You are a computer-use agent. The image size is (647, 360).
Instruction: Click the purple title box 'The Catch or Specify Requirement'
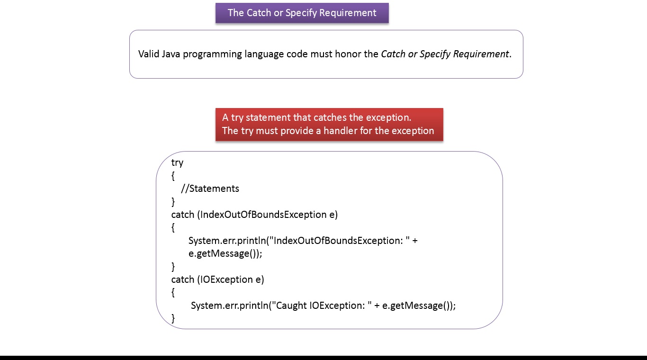tap(302, 13)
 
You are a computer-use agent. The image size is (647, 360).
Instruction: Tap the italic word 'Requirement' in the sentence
tap(481, 54)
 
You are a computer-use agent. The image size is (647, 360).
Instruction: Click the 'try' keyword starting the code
tap(177, 162)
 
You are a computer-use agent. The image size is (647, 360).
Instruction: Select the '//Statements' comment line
tap(210, 189)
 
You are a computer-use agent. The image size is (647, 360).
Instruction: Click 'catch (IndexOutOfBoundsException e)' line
tap(254, 215)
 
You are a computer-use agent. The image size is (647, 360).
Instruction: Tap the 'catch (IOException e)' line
tap(217, 279)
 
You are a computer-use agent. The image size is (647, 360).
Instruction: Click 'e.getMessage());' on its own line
tap(225, 253)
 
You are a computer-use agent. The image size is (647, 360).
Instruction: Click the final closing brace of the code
tap(173, 318)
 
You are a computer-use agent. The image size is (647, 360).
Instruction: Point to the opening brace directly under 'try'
tap(173, 176)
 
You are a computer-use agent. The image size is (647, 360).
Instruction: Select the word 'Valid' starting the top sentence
tap(149, 54)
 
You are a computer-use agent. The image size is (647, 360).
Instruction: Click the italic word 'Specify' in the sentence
tap(435, 54)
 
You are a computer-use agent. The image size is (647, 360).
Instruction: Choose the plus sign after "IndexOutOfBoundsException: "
tap(415, 241)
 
